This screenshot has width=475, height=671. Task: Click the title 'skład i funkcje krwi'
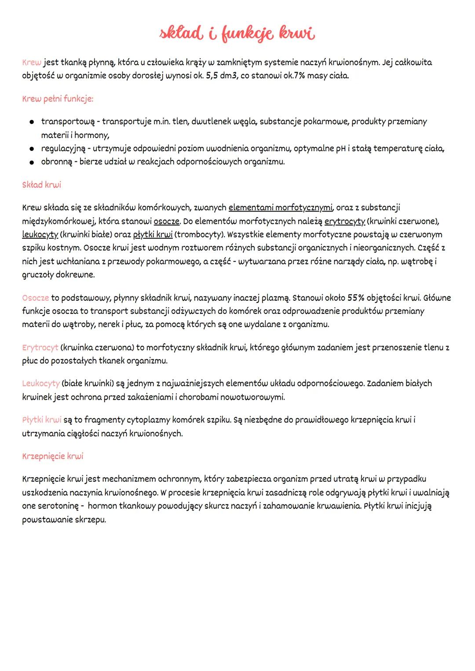point(237,34)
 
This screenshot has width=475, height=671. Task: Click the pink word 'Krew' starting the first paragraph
point(32,62)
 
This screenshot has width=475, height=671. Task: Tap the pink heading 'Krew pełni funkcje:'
point(58,98)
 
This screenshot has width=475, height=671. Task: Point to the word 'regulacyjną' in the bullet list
point(63,149)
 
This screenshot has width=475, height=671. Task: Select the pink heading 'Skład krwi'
point(41,185)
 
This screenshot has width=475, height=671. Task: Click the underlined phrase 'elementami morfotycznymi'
point(281,207)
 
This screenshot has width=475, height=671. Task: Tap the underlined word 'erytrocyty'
point(345,221)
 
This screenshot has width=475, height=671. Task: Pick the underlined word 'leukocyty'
point(40,234)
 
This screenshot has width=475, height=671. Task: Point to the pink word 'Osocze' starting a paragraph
point(36,298)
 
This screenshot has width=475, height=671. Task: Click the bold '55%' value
point(356,298)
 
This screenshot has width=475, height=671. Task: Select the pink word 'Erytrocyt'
point(40,347)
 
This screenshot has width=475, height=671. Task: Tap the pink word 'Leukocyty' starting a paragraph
point(41,383)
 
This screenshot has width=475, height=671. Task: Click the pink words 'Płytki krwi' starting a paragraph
point(42,419)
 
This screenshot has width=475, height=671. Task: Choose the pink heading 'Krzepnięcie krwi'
point(52,456)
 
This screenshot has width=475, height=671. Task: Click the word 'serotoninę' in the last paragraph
point(50,506)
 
